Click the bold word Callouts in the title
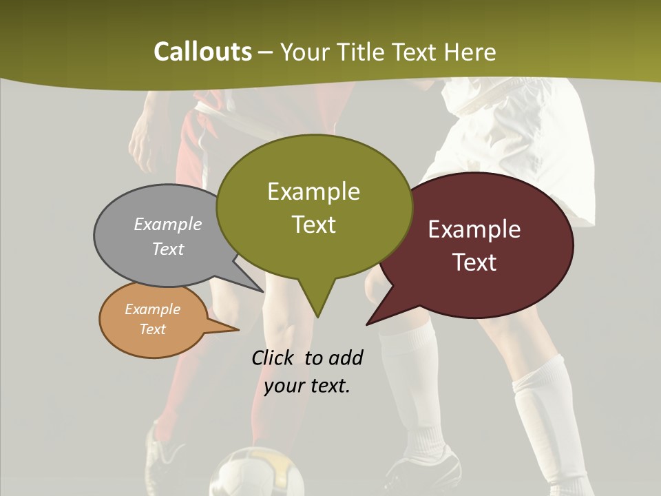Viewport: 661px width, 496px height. click(202, 52)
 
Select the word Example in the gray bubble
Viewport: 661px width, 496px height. click(167, 224)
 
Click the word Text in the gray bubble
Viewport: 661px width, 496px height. click(167, 249)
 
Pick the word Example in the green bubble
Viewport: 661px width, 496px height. click(313, 192)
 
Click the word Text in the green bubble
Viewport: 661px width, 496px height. click(313, 225)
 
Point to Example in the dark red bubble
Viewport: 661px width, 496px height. click(474, 229)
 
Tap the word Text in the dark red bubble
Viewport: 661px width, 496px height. click(474, 262)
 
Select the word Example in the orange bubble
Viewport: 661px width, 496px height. click(152, 309)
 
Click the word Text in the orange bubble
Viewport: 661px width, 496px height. click(152, 329)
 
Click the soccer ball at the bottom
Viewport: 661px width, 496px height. click(256, 475)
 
